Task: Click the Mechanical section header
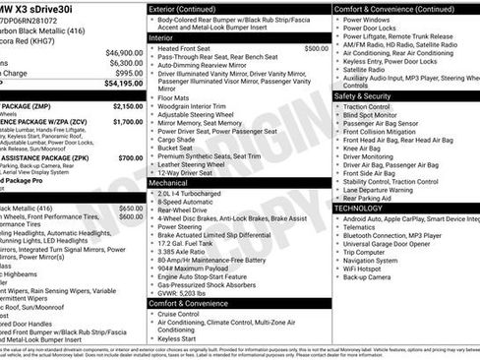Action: (x=173, y=183)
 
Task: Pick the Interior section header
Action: (x=166, y=36)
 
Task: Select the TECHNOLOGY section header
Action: (x=365, y=209)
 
